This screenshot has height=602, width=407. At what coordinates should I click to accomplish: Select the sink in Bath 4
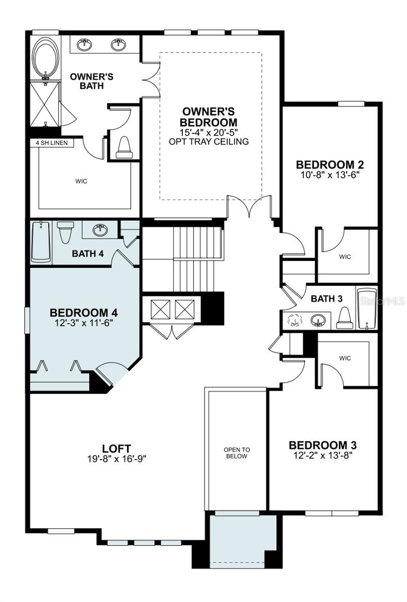(100, 231)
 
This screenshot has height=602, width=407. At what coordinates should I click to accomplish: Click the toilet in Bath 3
(344, 318)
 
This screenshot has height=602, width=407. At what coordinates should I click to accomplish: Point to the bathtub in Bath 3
(367, 309)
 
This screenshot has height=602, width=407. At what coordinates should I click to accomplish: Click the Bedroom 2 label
(330, 165)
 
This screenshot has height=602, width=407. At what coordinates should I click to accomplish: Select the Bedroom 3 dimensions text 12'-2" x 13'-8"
(323, 456)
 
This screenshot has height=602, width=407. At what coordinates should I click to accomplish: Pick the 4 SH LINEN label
(52, 143)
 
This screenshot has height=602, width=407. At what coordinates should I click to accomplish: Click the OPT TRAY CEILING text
(210, 141)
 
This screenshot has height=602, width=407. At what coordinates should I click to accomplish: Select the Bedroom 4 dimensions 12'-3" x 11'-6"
(84, 323)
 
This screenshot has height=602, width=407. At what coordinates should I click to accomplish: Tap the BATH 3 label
(327, 299)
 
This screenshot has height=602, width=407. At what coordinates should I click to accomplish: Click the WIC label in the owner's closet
(81, 181)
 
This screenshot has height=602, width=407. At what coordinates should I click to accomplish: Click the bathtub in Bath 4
(41, 242)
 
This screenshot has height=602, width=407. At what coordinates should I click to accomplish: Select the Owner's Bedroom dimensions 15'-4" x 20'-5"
(210, 132)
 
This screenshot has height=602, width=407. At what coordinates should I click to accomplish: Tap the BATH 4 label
(88, 253)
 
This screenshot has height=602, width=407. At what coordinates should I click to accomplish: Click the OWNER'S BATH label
(91, 81)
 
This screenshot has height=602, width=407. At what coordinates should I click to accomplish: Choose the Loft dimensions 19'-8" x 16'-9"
(117, 458)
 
